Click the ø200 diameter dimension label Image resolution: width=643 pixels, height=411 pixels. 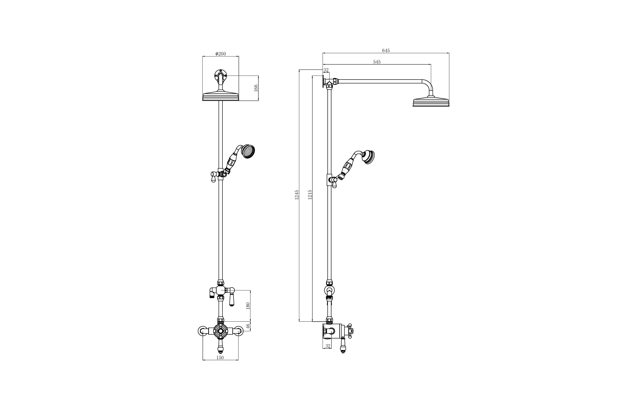[x=221, y=54]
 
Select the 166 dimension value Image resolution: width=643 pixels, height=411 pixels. [x=256, y=88]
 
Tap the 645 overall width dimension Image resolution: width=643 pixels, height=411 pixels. [x=386, y=50]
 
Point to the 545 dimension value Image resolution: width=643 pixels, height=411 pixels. [x=377, y=62]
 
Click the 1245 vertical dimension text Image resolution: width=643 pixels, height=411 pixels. [x=296, y=195]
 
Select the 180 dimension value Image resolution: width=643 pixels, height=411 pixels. [x=248, y=306]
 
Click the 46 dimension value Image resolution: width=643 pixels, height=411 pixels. [x=248, y=326]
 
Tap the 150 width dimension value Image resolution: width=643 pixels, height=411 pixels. [x=220, y=358]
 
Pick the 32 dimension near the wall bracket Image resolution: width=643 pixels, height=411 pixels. [x=326, y=70]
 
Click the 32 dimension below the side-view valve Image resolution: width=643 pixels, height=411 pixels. [x=328, y=346]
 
